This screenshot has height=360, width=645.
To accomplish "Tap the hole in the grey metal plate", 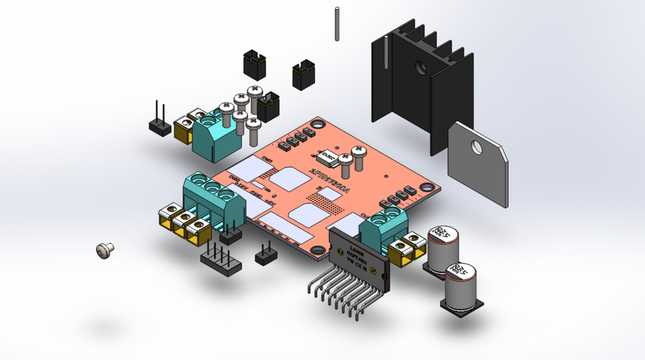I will [x=478, y=146].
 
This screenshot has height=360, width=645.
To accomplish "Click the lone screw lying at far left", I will [x=105, y=250].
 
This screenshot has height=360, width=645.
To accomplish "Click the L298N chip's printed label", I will [x=354, y=253].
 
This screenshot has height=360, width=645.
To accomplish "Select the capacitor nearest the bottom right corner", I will [x=462, y=285].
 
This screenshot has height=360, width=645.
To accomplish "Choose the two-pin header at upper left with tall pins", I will [x=160, y=122].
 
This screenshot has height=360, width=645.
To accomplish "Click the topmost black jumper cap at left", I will [x=255, y=64].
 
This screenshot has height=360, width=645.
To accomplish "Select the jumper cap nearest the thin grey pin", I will [x=304, y=75].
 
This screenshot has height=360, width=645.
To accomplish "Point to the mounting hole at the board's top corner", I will [x=318, y=123].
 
